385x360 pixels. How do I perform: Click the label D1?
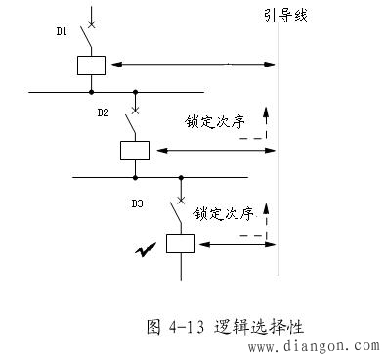pyautogui.click(x=62, y=31)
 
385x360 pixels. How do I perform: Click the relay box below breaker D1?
pyautogui.click(x=91, y=65)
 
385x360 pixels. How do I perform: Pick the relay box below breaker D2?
pyautogui.click(x=134, y=150)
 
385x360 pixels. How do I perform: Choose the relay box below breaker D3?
pyautogui.click(x=180, y=243)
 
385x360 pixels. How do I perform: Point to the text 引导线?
pyautogui.click(x=285, y=18)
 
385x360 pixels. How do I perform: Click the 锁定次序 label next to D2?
pyautogui.click(x=215, y=124)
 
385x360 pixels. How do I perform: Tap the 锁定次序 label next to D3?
pyautogui.click(x=224, y=212)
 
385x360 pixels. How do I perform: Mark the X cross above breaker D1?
pyautogui.click(x=91, y=22)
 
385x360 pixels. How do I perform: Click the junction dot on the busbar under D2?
pyautogui.click(x=136, y=177)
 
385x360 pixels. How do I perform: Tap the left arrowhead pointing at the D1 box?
pyautogui.click(x=113, y=65)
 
